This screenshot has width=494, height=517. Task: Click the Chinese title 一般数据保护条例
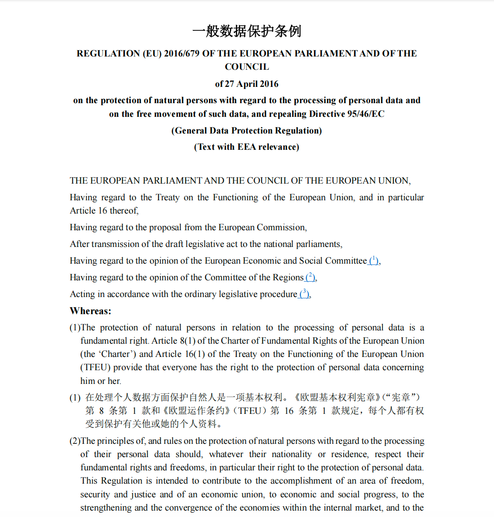point(247,31)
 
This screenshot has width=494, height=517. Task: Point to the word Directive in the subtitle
point(327,114)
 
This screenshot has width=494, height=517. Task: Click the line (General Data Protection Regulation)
point(247,131)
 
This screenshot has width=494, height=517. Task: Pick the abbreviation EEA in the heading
point(247,147)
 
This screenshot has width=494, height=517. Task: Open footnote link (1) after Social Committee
point(373,260)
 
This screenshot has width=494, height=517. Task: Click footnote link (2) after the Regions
point(310,277)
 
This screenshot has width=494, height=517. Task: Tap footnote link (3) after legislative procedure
point(304,294)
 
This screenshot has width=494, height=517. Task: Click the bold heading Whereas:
point(91,311)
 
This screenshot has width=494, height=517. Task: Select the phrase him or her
point(100,381)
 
